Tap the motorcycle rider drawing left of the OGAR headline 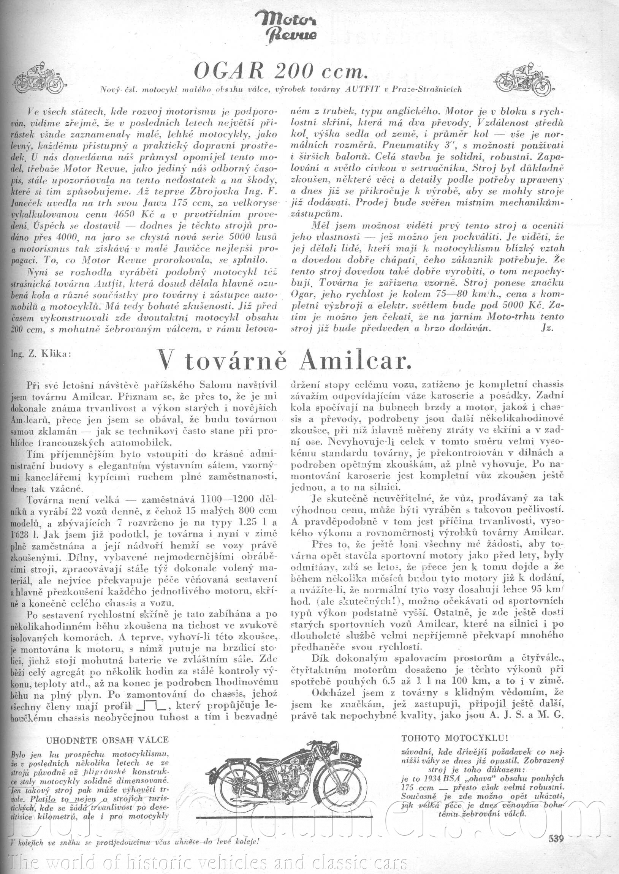38,78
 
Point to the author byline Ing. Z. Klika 42,353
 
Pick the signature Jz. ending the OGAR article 547,328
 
